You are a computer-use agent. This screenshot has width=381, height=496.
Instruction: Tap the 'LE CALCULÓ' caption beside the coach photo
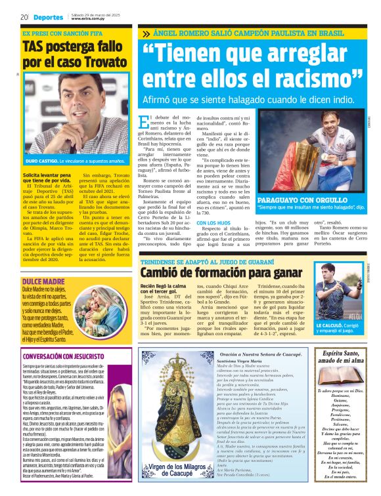point(330,325)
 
